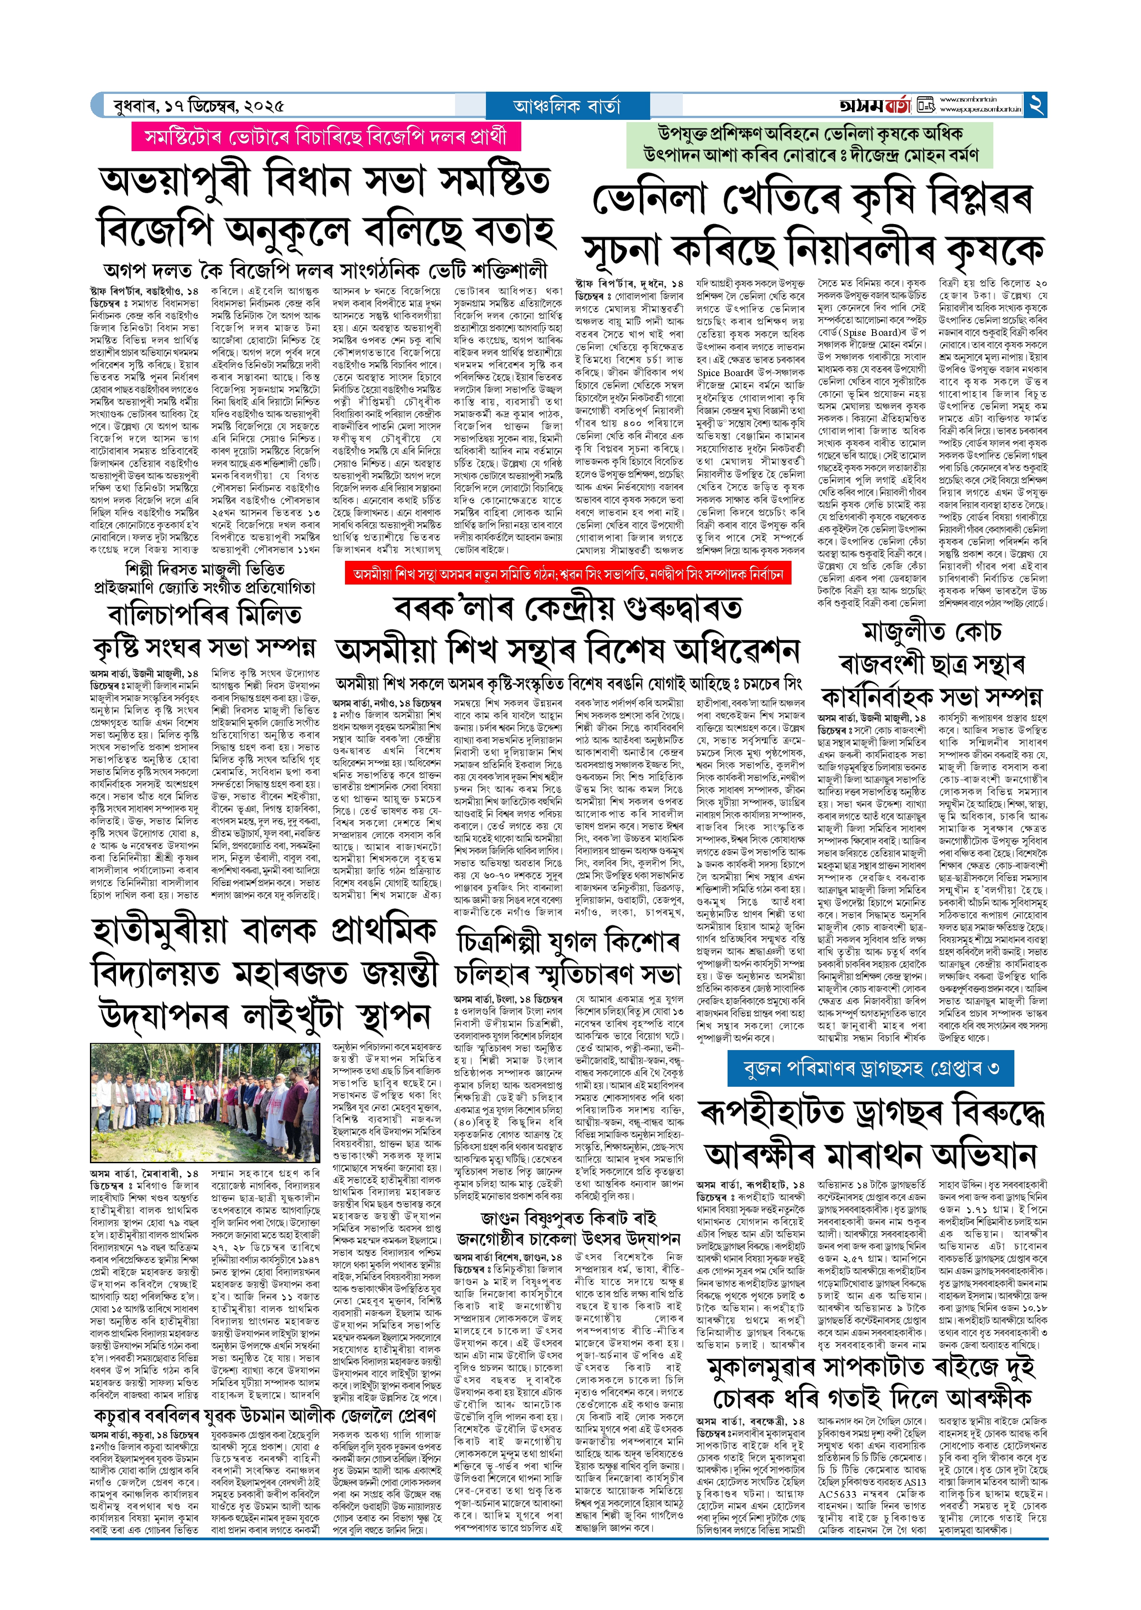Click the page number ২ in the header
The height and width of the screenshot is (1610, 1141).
(x=1036, y=105)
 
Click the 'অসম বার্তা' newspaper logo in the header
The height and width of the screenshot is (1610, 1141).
(x=875, y=105)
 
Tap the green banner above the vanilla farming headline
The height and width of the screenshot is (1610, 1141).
(x=809, y=144)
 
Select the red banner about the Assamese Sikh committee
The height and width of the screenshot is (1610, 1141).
(x=568, y=574)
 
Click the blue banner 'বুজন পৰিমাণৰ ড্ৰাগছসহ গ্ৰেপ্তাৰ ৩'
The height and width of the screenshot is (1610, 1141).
(x=871, y=1069)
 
